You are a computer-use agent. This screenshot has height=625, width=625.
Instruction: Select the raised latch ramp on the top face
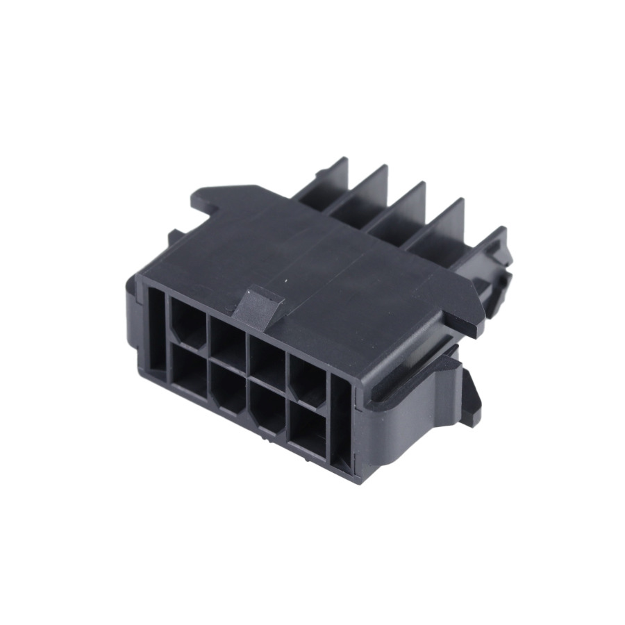258,305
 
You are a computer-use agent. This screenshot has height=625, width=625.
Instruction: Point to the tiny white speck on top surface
286,281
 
